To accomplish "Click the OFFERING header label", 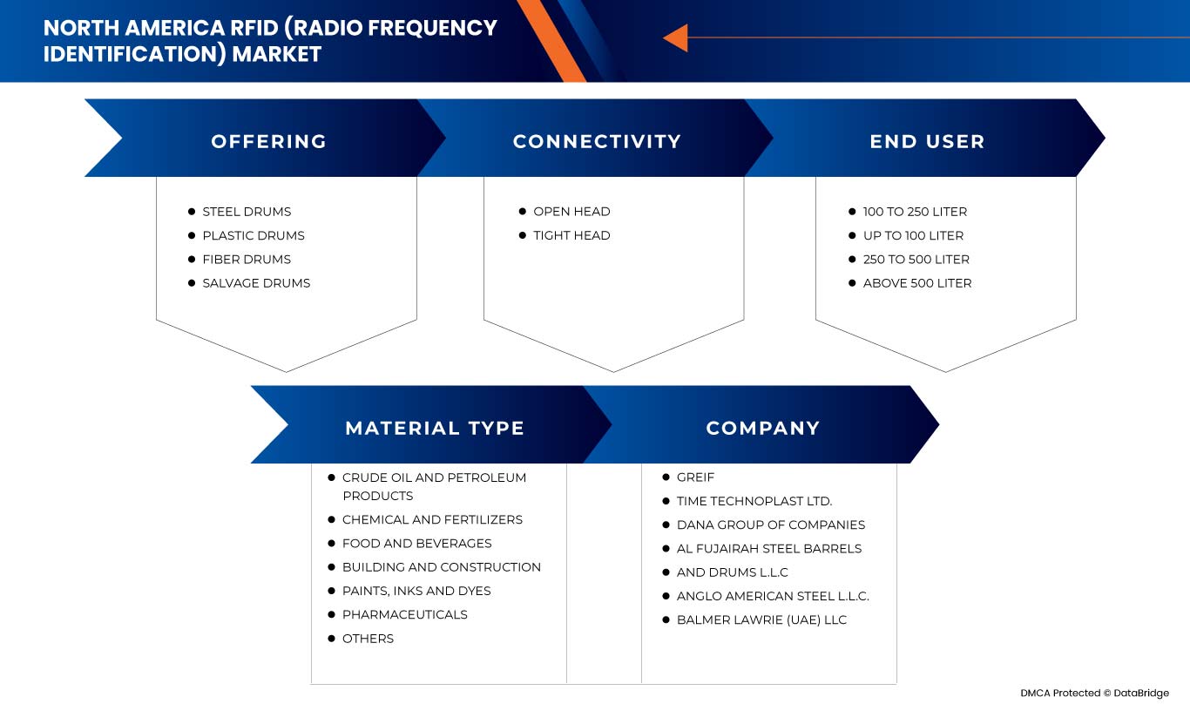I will [x=268, y=141].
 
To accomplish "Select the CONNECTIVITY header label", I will [x=597, y=141].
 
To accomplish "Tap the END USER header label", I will [x=927, y=141].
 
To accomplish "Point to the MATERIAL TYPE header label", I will [x=435, y=428].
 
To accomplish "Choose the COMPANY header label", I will [x=763, y=428].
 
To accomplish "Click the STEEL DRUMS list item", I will [x=247, y=212].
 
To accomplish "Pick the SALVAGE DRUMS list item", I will [x=256, y=283].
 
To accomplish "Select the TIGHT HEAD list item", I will [x=571, y=235].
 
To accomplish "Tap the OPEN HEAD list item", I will [x=571, y=212].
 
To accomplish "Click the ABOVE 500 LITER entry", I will [x=917, y=283].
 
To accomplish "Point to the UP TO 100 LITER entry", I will [x=913, y=235].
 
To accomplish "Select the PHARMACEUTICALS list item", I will [x=404, y=615].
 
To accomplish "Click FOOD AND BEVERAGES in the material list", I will [x=416, y=544].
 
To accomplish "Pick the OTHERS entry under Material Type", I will [x=368, y=639].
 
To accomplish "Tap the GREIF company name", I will [x=695, y=477].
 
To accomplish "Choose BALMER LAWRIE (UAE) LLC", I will [x=761, y=620].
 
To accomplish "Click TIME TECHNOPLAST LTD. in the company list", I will [x=754, y=501].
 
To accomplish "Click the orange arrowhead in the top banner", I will [x=675, y=38].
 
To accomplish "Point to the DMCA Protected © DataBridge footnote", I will [x=1095, y=693].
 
